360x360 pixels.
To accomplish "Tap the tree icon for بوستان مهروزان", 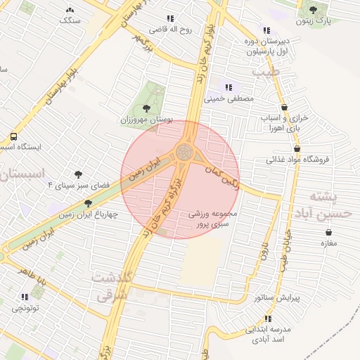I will [146, 108].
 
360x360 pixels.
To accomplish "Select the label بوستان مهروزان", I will [146, 121].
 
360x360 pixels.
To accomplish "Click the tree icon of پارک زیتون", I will [313, 11].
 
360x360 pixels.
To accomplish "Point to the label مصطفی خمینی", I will [229, 99].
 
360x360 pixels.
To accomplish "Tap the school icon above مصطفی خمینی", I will [229, 87].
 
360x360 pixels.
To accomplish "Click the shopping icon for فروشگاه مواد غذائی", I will [297, 149].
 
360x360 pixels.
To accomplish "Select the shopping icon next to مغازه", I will [328, 231].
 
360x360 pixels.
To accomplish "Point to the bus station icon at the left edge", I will [13, 137].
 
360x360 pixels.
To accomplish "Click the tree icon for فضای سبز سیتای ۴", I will [78, 174].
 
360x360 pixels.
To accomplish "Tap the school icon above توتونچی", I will [25, 297].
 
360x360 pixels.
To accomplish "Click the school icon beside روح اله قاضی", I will [170, 19].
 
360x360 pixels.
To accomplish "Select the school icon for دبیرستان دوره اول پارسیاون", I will [266, 30].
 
